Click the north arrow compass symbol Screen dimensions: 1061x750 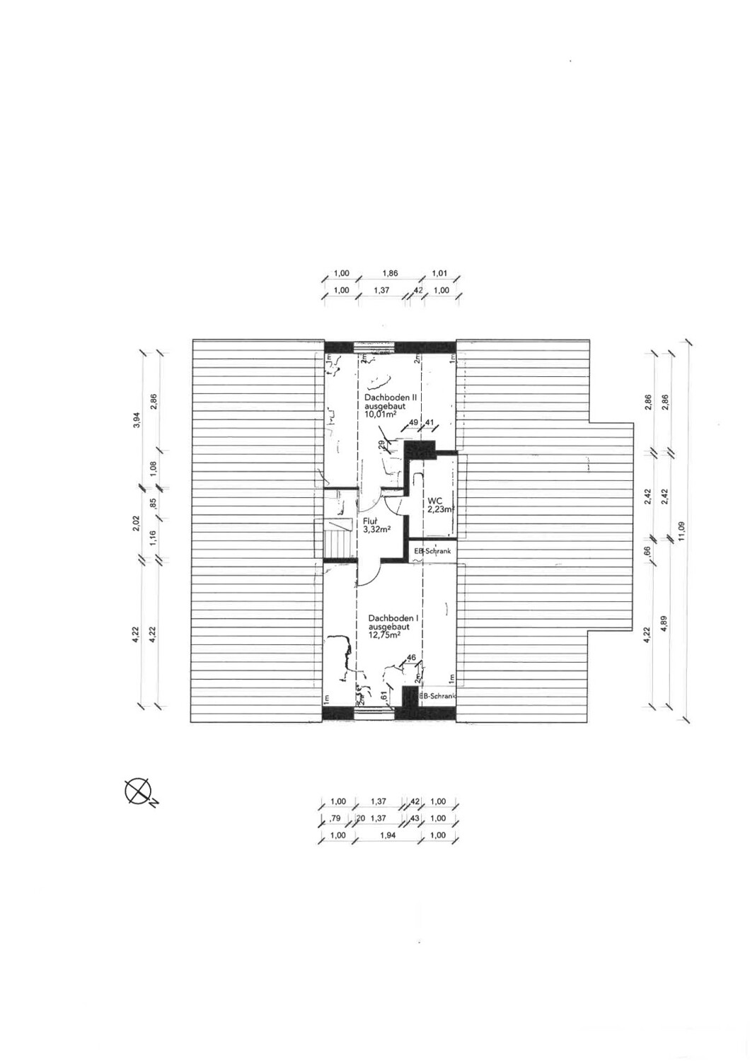[x=139, y=790]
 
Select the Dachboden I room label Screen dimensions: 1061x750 [x=393, y=618]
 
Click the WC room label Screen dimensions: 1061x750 [x=434, y=500]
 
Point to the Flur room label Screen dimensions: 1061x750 [x=370, y=520]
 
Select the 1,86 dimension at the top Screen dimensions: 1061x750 [x=390, y=273]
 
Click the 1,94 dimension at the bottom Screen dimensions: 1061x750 [x=387, y=835]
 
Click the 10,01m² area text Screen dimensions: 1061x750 [x=379, y=415]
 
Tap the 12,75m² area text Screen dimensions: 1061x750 [x=384, y=634]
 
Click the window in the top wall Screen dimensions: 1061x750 [x=374, y=346]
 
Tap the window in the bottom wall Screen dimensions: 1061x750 [x=374, y=714]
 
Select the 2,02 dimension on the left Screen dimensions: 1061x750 [x=137, y=524]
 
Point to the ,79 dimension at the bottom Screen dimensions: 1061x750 [x=337, y=818]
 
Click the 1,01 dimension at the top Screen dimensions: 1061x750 [x=440, y=273]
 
